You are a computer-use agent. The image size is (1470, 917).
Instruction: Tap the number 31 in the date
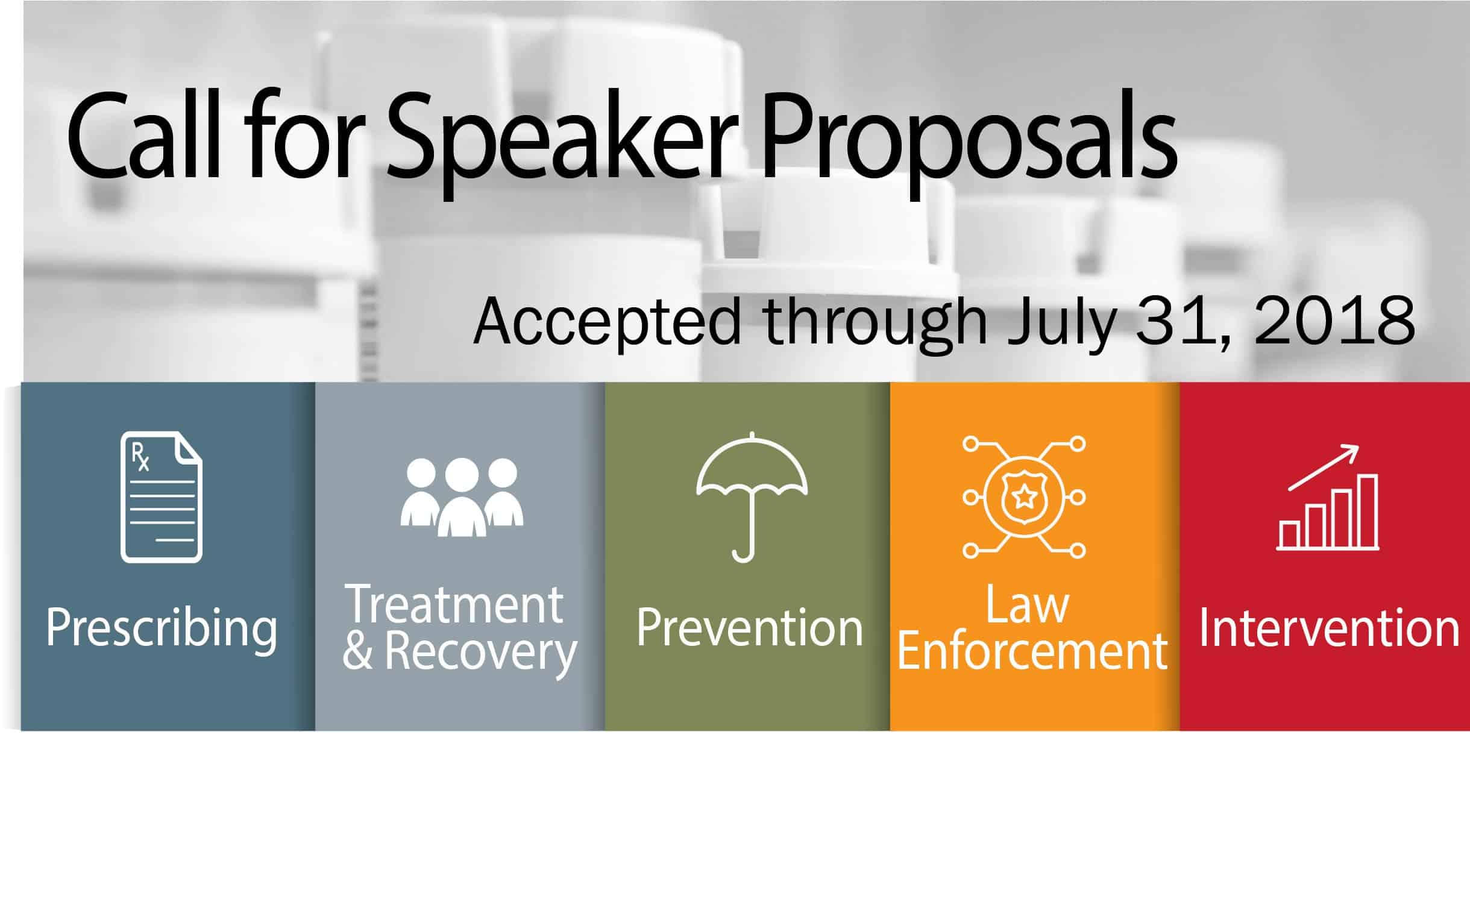coord(1184,322)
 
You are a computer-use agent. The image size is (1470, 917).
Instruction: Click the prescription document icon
coord(162,496)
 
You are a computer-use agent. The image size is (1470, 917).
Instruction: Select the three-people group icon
coord(462,497)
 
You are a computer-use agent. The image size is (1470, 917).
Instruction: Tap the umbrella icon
coord(752,496)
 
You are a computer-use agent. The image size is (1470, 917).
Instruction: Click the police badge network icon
coord(1024,496)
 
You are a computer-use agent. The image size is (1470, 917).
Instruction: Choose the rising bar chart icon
coord(1328,496)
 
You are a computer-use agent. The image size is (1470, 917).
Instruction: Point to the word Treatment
coord(454,604)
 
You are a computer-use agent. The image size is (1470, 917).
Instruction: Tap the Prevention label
coord(750,628)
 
